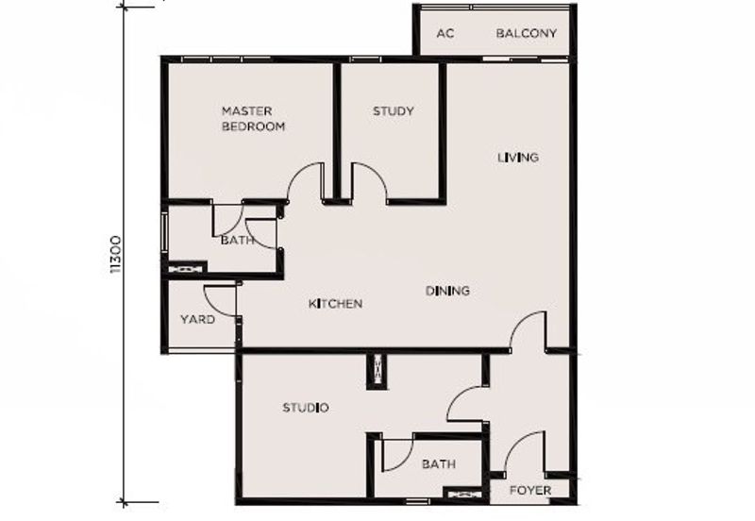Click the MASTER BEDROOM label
(x=253, y=119)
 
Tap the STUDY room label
(x=394, y=111)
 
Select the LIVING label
(x=518, y=158)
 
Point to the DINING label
(x=447, y=291)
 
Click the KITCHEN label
(x=336, y=304)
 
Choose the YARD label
(x=197, y=319)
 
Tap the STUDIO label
(x=306, y=408)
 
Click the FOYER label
(x=530, y=491)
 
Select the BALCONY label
(x=527, y=33)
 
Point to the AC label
(x=445, y=34)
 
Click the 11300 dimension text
(x=115, y=255)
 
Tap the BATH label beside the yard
(x=237, y=240)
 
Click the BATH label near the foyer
(x=439, y=464)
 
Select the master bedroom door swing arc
(x=295, y=175)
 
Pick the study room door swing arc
(x=378, y=174)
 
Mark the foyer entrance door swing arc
(x=514, y=443)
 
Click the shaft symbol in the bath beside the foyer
(x=461, y=494)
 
